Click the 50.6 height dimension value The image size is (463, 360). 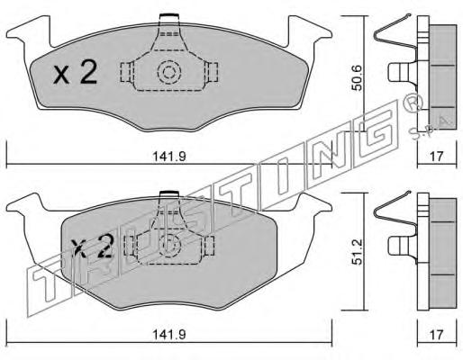(357, 78)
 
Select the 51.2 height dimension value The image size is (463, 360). (357, 252)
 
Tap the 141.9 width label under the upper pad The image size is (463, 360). (169, 157)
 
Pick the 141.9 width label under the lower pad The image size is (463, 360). (169, 335)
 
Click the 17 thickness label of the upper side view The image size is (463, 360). (437, 157)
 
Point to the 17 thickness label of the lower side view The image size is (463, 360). (437, 335)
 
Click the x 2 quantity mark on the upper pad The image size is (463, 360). (76, 72)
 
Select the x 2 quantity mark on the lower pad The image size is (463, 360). (93, 246)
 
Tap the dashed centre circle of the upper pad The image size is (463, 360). (169, 72)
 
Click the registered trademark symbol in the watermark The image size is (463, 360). (413, 103)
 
